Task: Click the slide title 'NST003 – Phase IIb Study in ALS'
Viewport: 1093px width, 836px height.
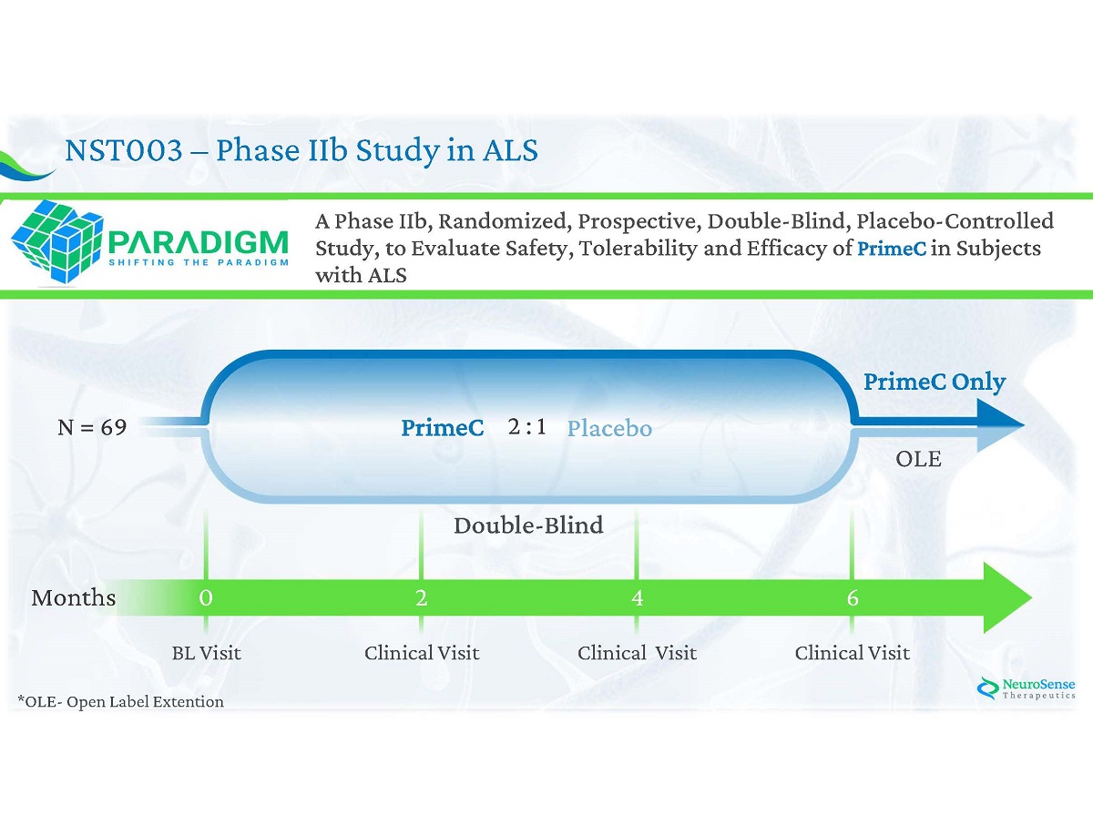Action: coord(301,150)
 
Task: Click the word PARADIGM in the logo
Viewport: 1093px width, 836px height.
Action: coord(197,242)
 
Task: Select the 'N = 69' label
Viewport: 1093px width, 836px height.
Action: coord(92,427)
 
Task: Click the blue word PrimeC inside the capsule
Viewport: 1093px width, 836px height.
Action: coord(443,428)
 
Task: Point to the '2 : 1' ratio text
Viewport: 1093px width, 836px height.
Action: coord(526,427)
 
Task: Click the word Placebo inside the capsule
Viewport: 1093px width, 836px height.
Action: coord(609,428)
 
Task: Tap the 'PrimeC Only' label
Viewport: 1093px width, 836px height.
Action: coord(935,382)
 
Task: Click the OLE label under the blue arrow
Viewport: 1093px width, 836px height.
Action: coord(918,460)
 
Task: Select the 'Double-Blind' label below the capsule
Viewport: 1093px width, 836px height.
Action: coord(528,525)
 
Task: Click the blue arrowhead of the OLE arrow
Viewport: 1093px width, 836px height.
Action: coord(1002,425)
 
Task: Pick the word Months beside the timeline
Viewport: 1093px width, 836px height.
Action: coord(74,598)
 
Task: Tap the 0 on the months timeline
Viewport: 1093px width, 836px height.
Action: coord(206,598)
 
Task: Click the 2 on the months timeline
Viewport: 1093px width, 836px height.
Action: coord(421,598)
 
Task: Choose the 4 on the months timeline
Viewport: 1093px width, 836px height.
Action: coord(637,598)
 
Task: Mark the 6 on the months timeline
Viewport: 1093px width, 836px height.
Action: coord(853,598)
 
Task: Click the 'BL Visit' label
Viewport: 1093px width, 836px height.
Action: coord(207,653)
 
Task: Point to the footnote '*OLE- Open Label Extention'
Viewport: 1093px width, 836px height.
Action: coord(120,701)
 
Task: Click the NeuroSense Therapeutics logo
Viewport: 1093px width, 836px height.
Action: coord(1026,689)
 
